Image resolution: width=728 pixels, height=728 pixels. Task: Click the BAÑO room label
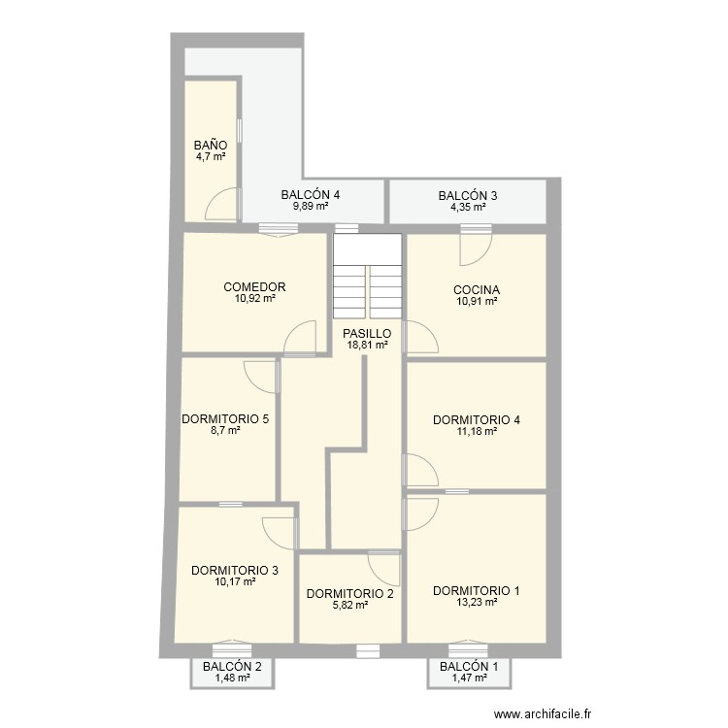coord(211,145)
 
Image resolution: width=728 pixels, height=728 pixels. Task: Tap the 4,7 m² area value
coord(211,155)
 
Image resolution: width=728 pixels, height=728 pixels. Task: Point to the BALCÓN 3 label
coord(468,195)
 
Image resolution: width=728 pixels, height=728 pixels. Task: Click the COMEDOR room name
coord(254,287)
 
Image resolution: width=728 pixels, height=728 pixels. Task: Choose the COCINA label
coord(477,290)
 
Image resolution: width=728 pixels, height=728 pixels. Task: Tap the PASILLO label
coord(367,333)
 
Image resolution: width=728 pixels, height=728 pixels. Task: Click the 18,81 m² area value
coord(367,344)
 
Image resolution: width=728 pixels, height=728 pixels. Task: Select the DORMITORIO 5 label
coord(225,419)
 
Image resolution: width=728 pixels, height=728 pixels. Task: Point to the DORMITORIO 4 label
coord(477,420)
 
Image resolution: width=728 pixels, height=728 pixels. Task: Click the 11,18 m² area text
coord(477,432)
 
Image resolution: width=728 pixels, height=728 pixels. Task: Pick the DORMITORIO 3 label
coord(235,571)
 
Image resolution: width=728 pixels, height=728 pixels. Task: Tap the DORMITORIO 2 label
coord(349,594)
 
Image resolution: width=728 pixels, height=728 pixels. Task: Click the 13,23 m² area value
coord(477,602)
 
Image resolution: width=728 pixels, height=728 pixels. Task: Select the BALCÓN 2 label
coord(232,667)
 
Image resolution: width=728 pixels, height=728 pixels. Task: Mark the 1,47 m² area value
coord(469,678)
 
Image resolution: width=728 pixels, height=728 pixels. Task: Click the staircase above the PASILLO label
coord(367,276)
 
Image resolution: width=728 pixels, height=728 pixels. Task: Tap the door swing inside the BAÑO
coord(221,204)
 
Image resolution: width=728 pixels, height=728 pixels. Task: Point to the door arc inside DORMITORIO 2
coord(383,568)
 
